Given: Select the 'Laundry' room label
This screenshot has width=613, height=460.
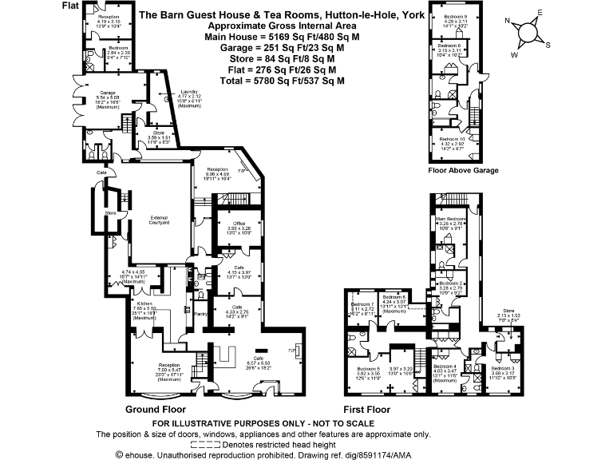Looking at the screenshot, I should [189, 92].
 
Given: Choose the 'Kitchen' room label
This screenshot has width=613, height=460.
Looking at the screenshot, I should [144, 304].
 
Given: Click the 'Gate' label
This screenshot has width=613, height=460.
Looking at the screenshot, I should [102, 172].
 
